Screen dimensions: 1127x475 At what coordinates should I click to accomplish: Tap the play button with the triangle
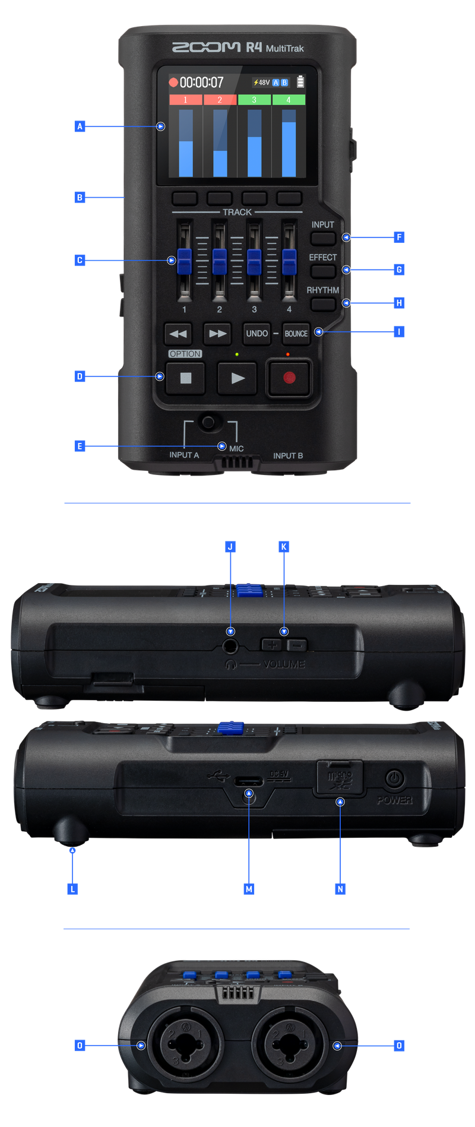[237, 378]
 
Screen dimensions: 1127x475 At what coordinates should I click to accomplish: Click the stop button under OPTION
[185, 378]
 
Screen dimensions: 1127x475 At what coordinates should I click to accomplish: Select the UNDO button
[256, 334]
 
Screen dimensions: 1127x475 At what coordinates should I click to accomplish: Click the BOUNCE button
[296, 334]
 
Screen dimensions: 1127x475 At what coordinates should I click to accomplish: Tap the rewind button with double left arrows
[178, 334]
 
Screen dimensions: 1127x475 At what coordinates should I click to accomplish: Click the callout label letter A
[80, 126]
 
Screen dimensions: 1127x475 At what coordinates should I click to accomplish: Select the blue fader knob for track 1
[184, 260]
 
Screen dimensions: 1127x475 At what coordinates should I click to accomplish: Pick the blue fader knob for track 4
[289, 260]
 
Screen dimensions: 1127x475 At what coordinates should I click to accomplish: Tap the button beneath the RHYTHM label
[322, 304]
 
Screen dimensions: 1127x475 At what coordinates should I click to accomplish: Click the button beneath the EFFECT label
[322, 271]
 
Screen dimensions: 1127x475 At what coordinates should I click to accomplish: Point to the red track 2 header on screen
[220, 100]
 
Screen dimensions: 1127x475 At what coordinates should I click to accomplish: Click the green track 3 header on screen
[254, 100]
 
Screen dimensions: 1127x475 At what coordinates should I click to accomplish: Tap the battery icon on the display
[300, 82]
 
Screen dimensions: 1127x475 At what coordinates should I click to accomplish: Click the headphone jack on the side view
[230, 646]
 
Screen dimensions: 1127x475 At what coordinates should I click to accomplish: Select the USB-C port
[249, 780]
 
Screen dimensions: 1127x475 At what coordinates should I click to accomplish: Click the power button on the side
[394, 778]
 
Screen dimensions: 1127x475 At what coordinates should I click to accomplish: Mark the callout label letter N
[340, 888]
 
